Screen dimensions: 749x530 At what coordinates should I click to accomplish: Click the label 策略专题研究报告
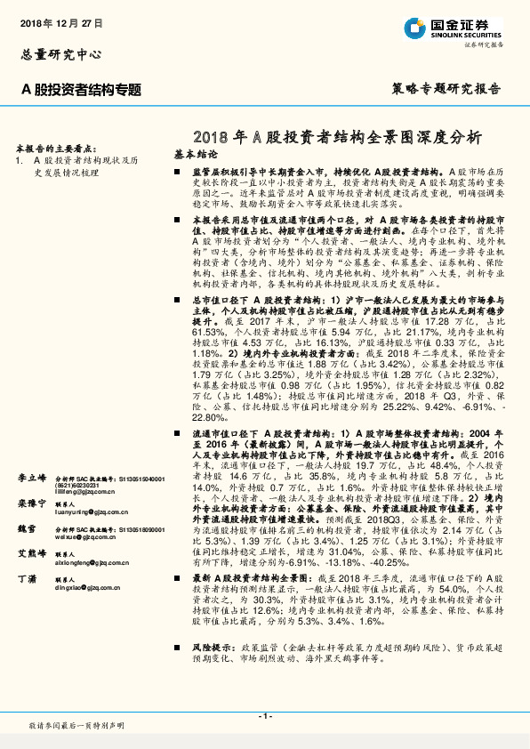pyautogui.click(x=446, y=89)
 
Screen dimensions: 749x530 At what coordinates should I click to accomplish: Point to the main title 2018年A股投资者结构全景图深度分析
pyautogui.click(x=336, y=137)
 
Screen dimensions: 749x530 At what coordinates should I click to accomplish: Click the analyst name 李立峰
pyautogui.click(x=31, y=479)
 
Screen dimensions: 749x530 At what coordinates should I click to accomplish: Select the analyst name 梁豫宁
pyautogui.click(x=31, y=503)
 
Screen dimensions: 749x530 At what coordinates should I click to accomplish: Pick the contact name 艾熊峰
pyautogui.click(x=31, y=553)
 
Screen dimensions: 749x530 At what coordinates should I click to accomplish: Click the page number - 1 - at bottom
pyautogui.click(x=264, y=715)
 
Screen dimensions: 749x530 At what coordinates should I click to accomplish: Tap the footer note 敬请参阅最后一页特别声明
pyautogui.click(x=78, y=726)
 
